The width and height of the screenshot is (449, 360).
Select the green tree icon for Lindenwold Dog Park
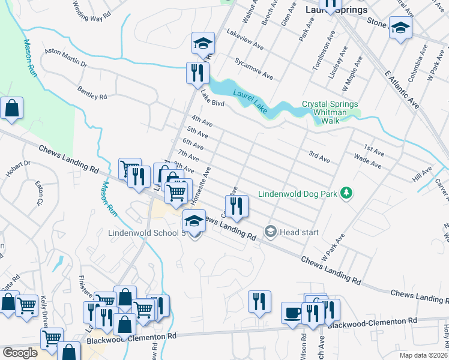[x=346, y=193]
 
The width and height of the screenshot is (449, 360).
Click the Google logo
[x=20, y=353]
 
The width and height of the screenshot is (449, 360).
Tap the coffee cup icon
[x=292, y=313]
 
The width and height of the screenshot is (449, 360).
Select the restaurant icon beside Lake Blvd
[x=197, y=73]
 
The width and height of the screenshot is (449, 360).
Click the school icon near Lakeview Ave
[x=203, y=43]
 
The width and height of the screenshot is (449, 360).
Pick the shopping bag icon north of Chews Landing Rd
[x=11, y=109]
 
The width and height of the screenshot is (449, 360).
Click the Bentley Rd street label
[x=92, y=92]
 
